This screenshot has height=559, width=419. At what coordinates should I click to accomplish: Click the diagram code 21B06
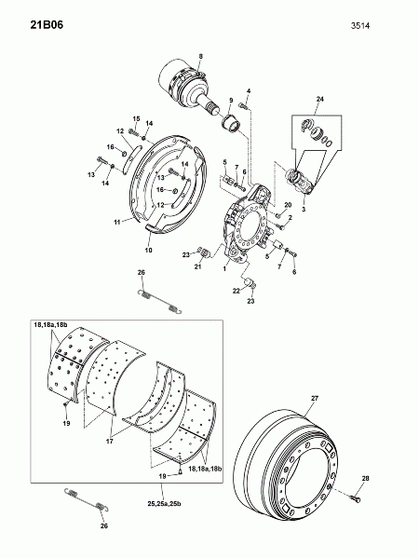(x=47, y=25)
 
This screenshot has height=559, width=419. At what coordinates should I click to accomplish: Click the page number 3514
(x=359, y=26)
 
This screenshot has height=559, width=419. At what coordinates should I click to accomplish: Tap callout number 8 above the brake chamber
(x=200, y=56)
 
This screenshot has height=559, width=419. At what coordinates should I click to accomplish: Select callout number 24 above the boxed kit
(x=320, y=99)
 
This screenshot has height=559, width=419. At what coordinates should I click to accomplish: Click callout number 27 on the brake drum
(x=315, y=398)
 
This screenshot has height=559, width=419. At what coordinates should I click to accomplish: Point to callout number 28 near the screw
(x=366, y=479)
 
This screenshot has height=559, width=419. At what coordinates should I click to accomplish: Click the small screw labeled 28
(x=356, y=498)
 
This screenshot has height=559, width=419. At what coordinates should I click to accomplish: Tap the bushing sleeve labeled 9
(x=232, y=125)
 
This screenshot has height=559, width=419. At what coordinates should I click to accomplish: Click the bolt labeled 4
(x=244, y=105)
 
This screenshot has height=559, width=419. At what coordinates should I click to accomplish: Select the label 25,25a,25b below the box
(x=164, y=504)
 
